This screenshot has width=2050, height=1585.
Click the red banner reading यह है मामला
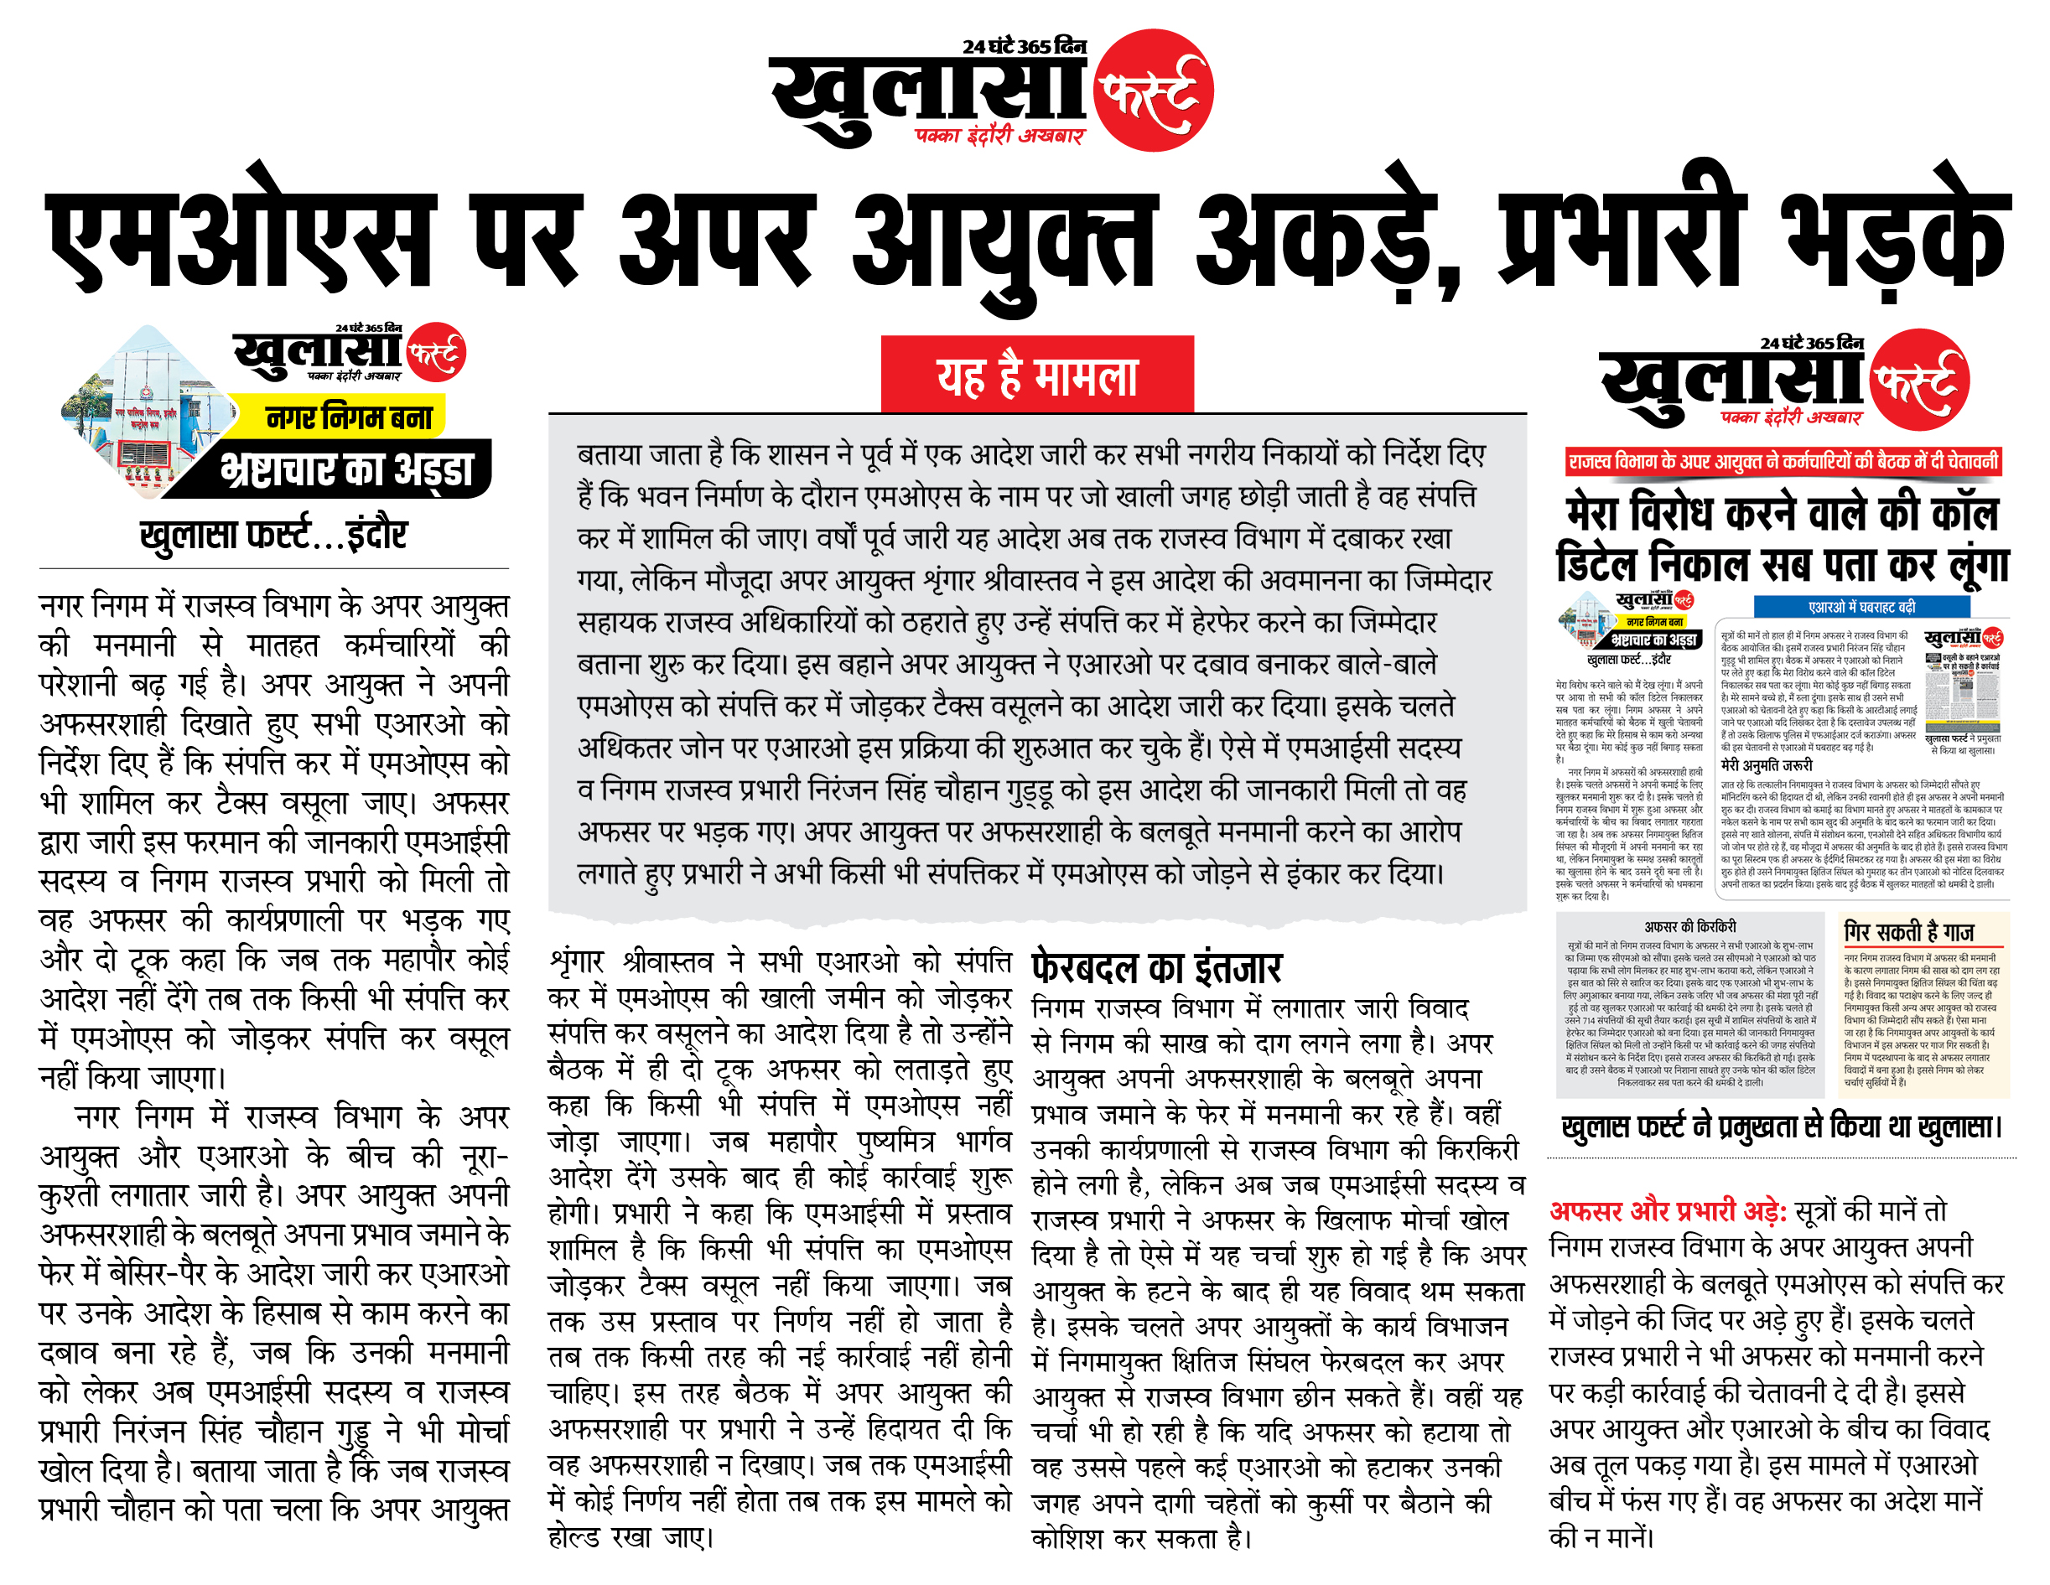[x=1036, y=376]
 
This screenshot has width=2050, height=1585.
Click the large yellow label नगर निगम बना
[x=348, y=417]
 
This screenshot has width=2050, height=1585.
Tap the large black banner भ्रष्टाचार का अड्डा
[x=346, y=469]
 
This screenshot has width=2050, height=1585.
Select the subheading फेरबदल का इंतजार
[x=1155, y=967]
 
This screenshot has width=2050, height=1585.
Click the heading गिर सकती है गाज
[x=1908, y=932]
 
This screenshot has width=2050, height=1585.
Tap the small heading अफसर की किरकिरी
[x=1689, y=926]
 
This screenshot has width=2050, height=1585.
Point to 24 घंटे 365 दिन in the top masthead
[x=1024, y=46]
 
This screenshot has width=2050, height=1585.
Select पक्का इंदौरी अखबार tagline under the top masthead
[x=999, y=136]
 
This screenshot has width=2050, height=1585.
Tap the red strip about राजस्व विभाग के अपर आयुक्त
[x=1783, y=461]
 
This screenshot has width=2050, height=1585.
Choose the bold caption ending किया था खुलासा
[x=1782, y=1127]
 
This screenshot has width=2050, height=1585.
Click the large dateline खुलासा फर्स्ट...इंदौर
[x=273, y=535]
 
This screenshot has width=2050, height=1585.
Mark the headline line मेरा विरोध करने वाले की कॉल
[x=1783, y=513]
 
